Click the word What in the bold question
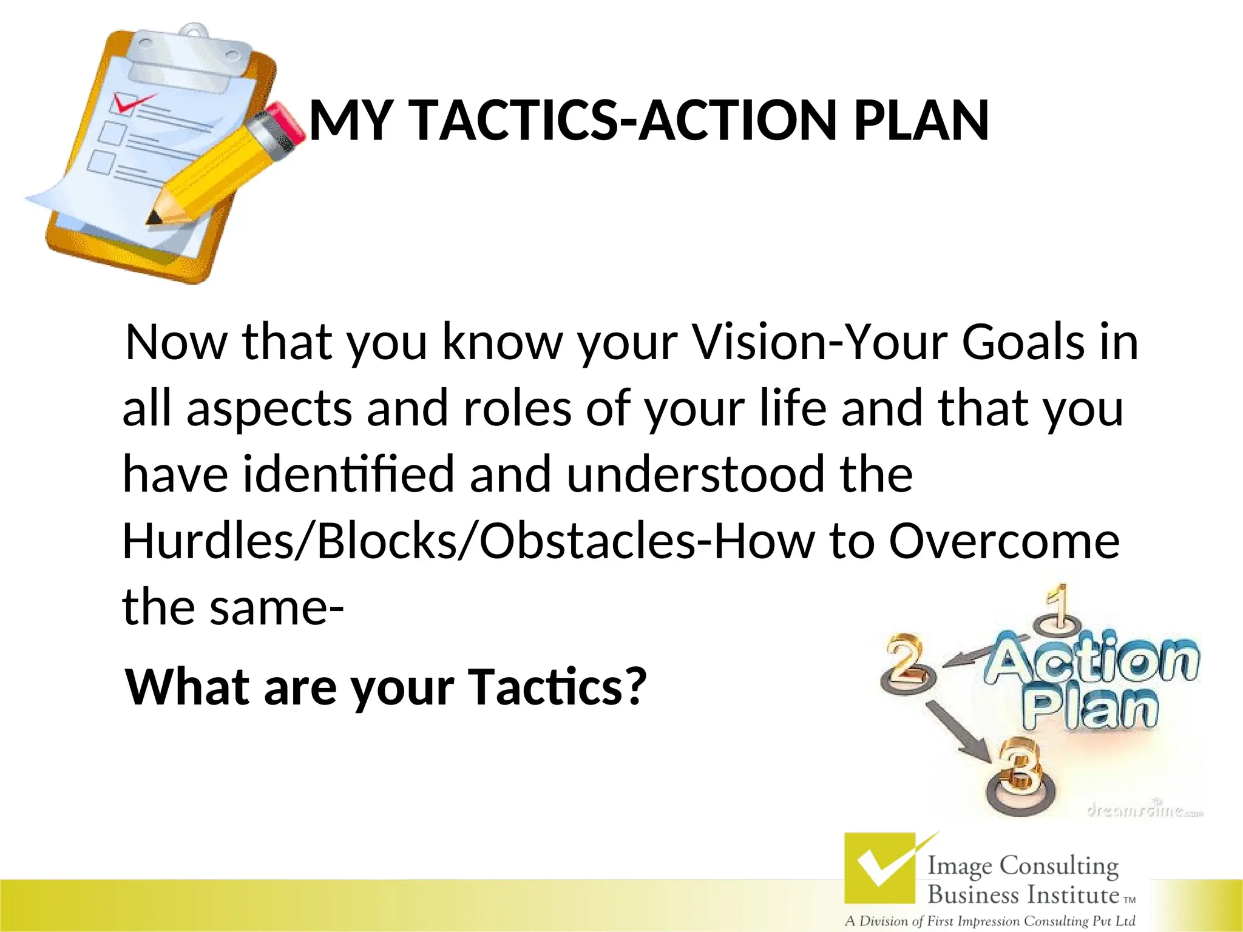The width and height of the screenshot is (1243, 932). pos(188,687)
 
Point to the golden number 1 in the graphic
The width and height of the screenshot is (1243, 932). pos(1059,607)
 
